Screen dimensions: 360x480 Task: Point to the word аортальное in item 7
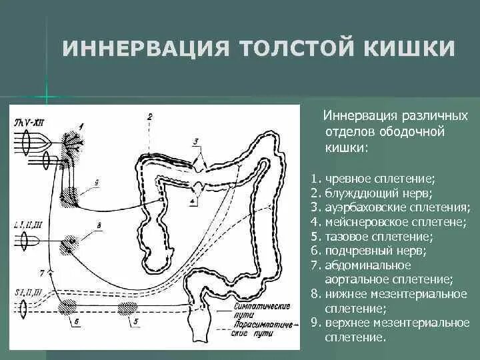[x=356, y=279]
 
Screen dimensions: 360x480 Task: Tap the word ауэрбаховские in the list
[x=364, y=208]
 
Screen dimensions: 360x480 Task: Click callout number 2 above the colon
[x=150, y=117]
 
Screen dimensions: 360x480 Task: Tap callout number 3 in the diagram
[x=196, y=141]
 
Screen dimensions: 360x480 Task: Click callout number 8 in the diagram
[x=99, y=227]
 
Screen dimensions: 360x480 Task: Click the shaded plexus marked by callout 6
[x=67, y=307]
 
